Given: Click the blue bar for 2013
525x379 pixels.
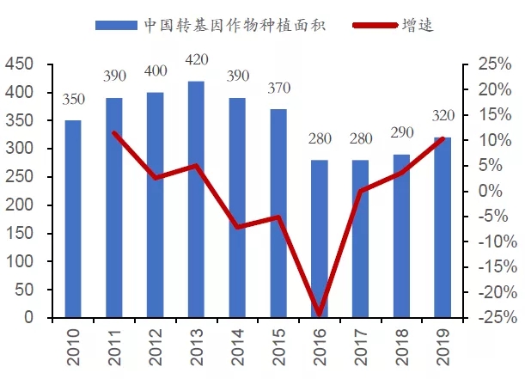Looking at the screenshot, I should click(196, 199).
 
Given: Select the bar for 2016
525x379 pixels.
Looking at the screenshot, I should click(319, 239).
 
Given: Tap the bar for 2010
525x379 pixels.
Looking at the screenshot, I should click(73, 219).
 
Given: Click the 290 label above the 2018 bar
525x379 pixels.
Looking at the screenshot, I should click(401, 136).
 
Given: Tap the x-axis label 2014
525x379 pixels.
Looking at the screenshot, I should click(237, 342).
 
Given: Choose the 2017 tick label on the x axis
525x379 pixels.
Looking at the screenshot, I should click(360, 342).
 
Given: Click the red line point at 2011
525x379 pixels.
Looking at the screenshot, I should click(114, 132).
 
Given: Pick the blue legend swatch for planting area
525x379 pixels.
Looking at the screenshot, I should click(114, 24).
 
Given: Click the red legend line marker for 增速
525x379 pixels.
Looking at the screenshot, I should click(374, 24).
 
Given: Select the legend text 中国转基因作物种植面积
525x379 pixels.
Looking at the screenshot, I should click(227, 24).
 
